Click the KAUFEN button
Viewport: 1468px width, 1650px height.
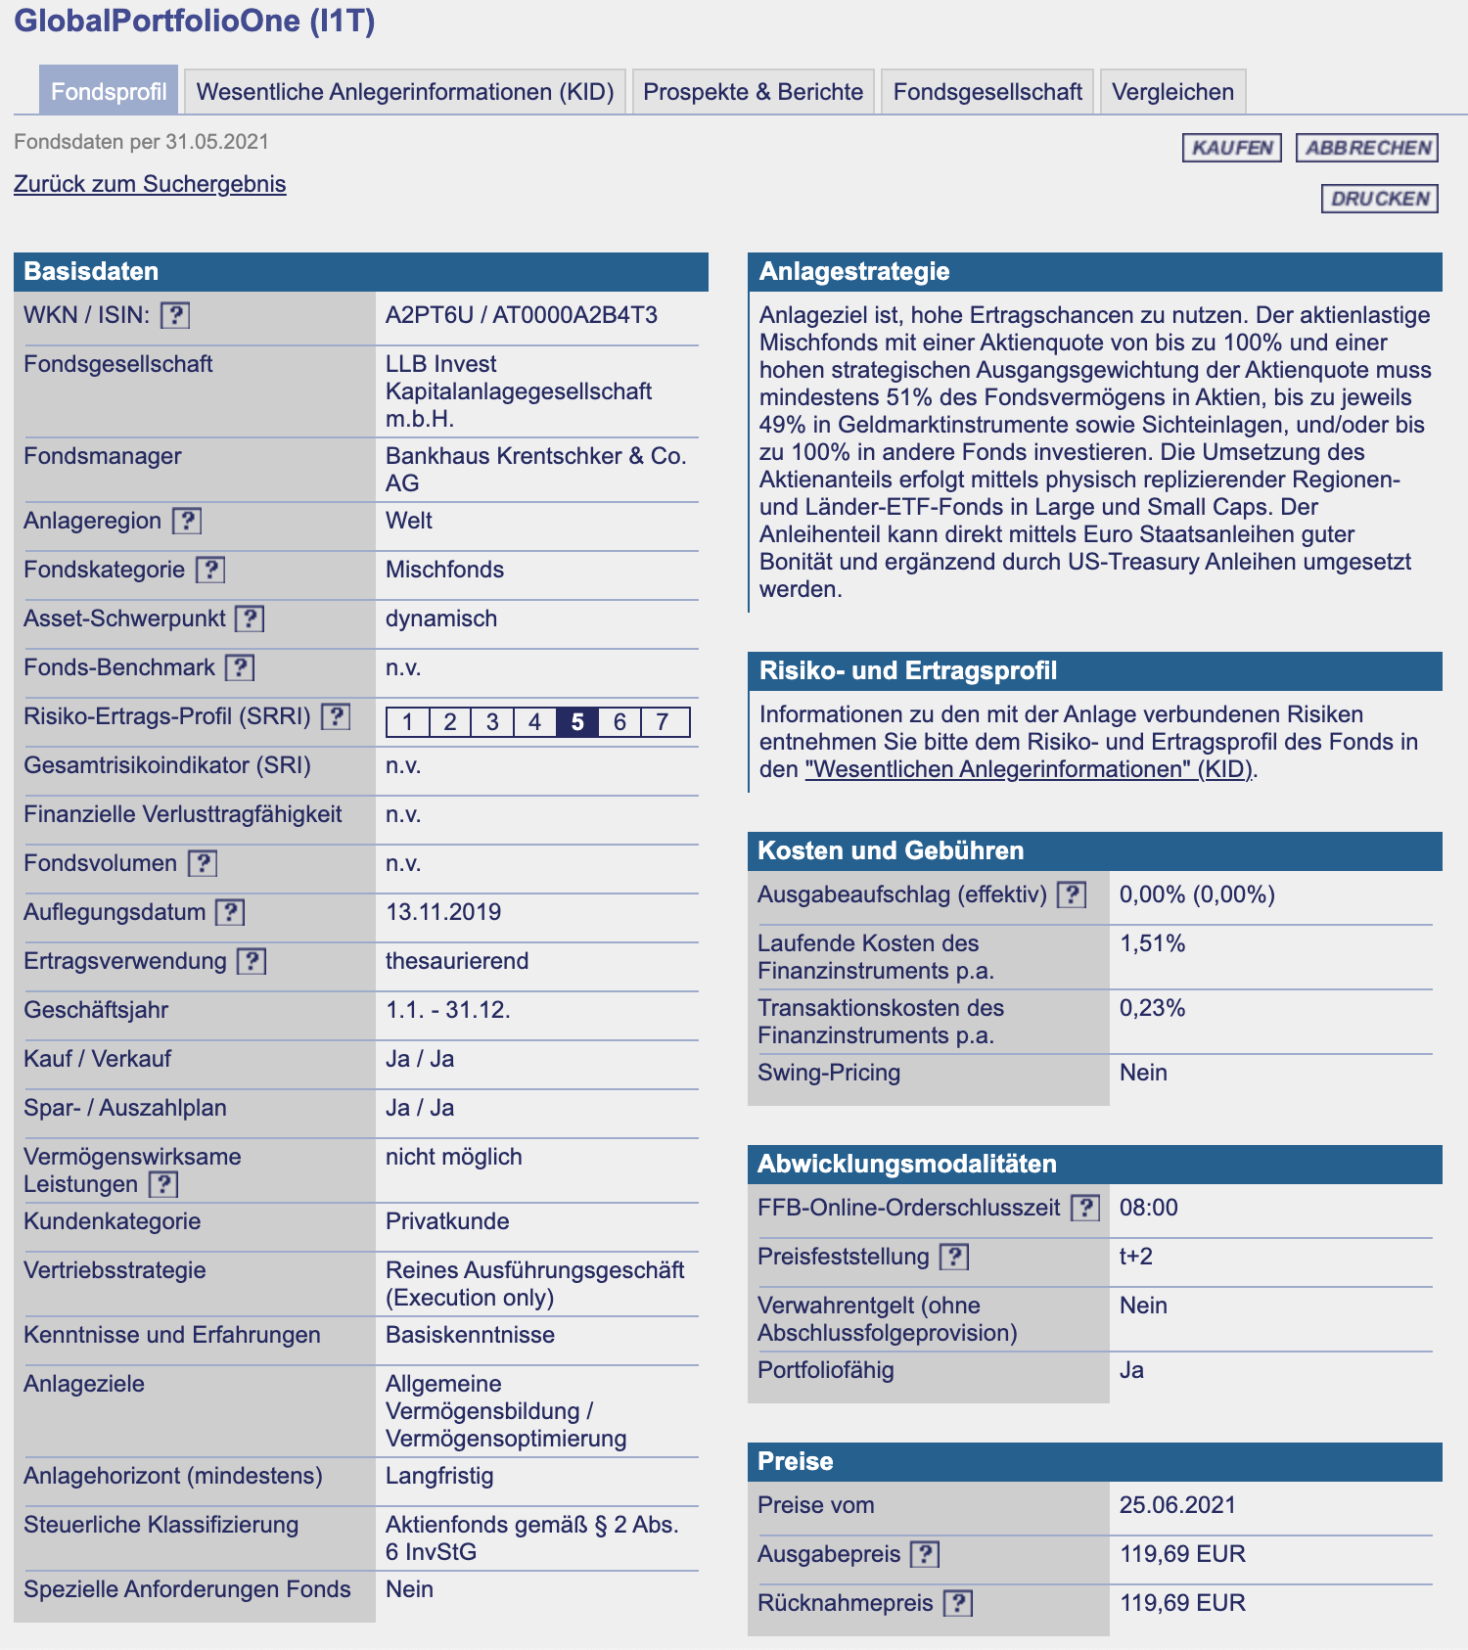(1231, 148)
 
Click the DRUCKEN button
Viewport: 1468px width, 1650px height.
(1380, 199)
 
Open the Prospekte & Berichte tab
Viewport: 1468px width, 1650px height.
(753, 92)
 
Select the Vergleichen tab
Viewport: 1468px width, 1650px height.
(1172, 92)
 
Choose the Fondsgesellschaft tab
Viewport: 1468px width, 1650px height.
(986, 92)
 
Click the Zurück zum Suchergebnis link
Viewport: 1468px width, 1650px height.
(150, 184)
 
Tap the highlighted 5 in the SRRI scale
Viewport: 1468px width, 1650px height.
(577, 722)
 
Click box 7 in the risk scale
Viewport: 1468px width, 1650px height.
(663, 722)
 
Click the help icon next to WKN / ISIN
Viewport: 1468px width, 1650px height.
(175, 315)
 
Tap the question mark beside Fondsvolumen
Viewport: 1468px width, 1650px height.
(203, 863)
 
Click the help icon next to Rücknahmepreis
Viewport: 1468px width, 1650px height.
(958, 1603)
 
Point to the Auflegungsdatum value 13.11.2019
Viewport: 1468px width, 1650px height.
(443, 912)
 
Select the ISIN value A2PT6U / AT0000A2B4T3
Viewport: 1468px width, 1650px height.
(521, 315)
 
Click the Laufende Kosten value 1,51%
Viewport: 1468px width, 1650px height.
(1152, 943)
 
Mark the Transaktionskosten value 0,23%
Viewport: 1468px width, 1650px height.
(1152, 1008)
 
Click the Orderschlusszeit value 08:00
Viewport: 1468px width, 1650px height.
(1148, 1208)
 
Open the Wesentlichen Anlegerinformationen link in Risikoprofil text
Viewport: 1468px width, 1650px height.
(1028, 769)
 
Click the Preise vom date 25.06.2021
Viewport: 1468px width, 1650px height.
(1177, 1505)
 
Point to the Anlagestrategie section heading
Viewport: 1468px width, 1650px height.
(854, 271)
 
